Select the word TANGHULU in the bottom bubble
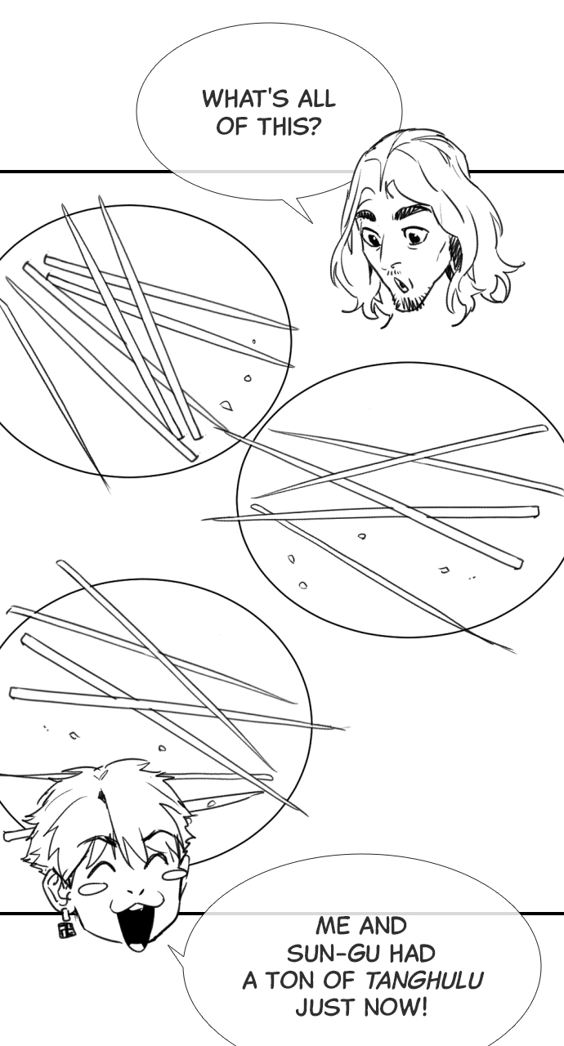tap(423, 981)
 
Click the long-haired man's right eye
tap(414, 237)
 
